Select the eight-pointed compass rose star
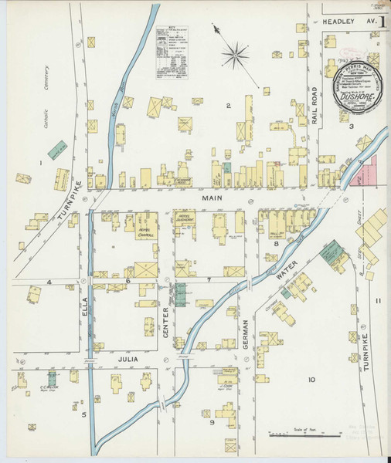click(x=235, y=55)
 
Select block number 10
click(x=311, y=380)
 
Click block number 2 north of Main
click(x=228, y=105)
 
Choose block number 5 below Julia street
click(x=83, y=415)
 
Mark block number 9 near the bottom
click(x=211, y=423)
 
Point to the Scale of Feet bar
click(x=308, y=435)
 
